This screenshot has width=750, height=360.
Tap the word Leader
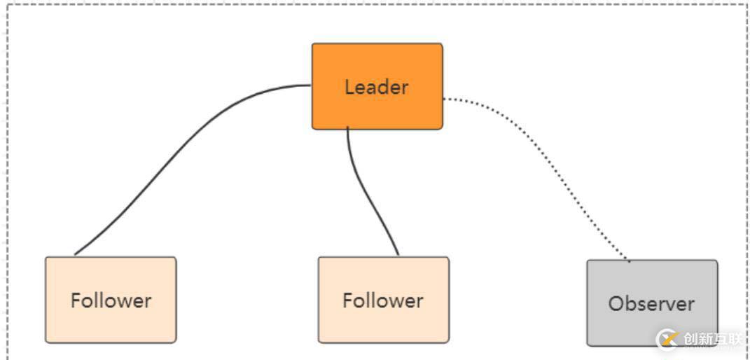[x=376, y=88]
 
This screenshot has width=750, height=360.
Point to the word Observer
[x=651, y=304]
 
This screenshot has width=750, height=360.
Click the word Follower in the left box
[x=111, y=300]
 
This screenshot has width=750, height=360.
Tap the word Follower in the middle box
[x=383, y=300]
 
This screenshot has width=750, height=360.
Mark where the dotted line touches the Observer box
[x=630, y=261]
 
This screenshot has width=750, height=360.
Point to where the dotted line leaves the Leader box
[x=444, y=99]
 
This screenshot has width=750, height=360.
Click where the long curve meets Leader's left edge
[x=311, y=85]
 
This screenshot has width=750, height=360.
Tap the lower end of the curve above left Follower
[x=75, y=254]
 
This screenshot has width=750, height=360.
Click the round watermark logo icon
[x=667, y=340]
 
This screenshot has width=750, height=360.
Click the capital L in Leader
[x=349, y=88]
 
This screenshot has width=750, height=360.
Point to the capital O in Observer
[x=616, y=304]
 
